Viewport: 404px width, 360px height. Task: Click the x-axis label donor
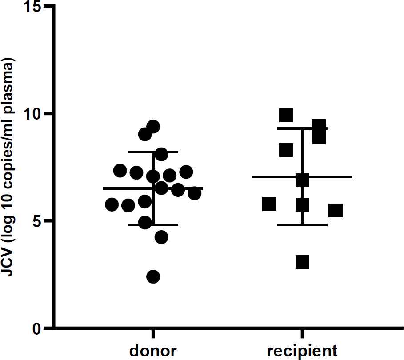[153, 351]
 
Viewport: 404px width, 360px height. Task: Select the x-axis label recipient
[302, 351]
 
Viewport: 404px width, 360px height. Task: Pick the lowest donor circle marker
[153, 276]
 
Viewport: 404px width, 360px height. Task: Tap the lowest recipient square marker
[302, 262]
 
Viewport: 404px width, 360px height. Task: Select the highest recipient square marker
[286, 115]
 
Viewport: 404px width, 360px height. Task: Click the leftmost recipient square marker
[269, 204]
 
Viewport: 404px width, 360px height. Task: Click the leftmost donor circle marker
[112, 204]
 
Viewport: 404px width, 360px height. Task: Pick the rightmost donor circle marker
[194, 193]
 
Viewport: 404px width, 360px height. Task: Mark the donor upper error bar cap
[153, 152]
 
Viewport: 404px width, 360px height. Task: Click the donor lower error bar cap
[153, 225]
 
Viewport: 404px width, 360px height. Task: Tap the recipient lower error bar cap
[302, 225]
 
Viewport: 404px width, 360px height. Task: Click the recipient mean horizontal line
[329, 177]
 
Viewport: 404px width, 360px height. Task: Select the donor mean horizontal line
[120, 188]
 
